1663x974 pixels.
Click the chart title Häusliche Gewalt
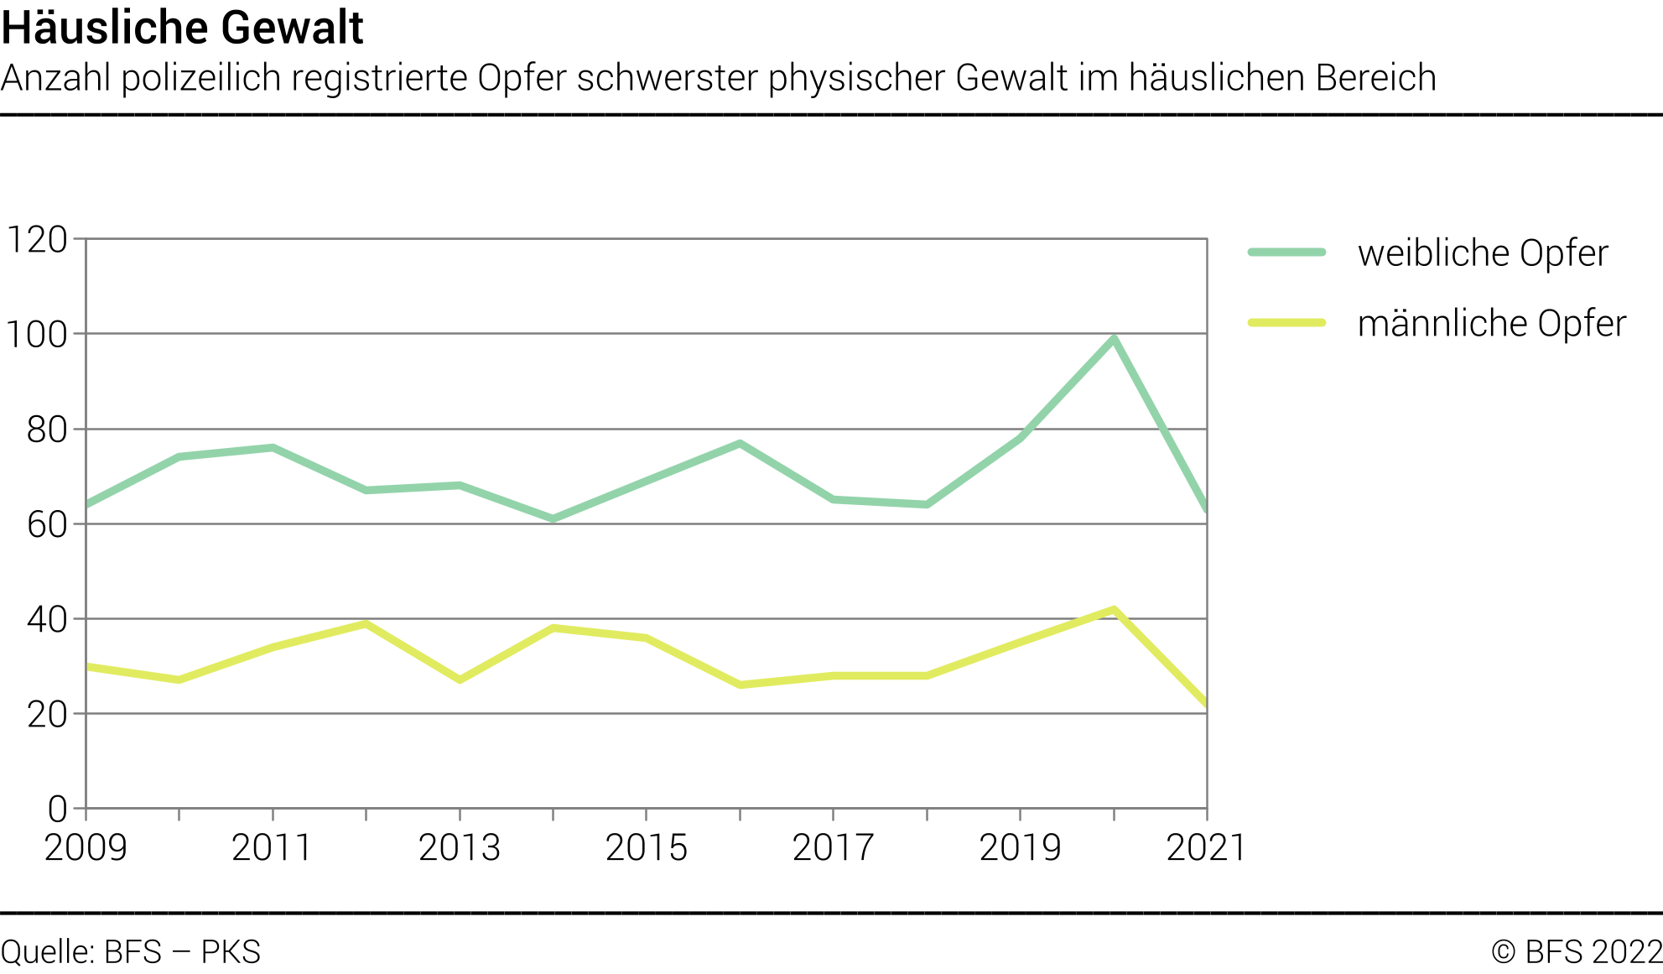tap(182, 28)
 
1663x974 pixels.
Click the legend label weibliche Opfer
tap(1482, 253)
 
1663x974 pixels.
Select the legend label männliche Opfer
tap(1491, 324)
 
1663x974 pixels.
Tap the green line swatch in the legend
tap(1286, 253)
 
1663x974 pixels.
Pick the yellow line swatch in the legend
tap(1286, 323)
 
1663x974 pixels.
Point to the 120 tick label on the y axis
tap(37, 240)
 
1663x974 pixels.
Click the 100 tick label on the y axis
tap(37, 335)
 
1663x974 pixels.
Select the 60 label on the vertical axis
tap(47, 525)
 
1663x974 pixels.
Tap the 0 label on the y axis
tap(57, 810)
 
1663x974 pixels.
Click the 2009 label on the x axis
tap(86, 848)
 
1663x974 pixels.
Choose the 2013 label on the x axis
tap(460, 848)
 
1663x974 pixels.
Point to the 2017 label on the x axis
tap(833, 848)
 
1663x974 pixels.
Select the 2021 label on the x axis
tap(1206, 848)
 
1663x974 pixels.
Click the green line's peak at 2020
tap(1114, 339)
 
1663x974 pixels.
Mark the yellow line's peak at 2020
tap(1114, 610)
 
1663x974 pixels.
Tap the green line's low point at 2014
tap(553, 518)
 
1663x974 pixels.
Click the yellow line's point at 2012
tap(366, 624)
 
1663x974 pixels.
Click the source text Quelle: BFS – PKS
tap(131, 953)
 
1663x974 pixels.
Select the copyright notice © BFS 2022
tap(1577, 953)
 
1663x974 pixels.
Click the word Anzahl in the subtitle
tap(56, 78)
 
